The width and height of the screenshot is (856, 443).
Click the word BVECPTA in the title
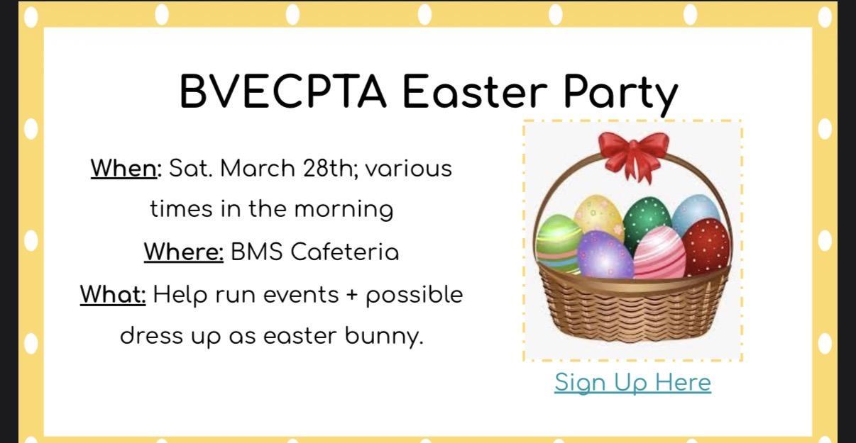click(x=282, y=91)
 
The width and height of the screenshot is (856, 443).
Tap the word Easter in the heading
click(x=475, y=91)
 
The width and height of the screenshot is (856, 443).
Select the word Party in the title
click(x=621, y=95)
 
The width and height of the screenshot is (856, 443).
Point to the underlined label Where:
click(x=184, y=252)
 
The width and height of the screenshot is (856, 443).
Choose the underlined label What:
click(x=113, y=295)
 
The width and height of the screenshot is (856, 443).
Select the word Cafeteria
click(x=345, y=252)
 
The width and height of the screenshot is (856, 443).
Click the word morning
click(x=344, y=211)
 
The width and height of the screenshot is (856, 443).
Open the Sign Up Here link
click(x=633, y=382)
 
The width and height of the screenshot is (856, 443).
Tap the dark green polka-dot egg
click(x=647, y=221)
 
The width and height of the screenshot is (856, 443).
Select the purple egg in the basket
click(x=605, y=255)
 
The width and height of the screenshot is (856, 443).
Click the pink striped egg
click(x=659, y=252)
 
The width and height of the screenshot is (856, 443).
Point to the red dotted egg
click(x=707, y=246)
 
